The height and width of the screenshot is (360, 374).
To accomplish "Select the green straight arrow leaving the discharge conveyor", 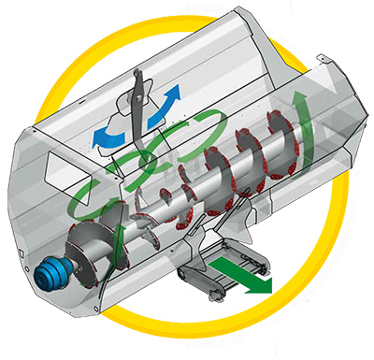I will (245, 275).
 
